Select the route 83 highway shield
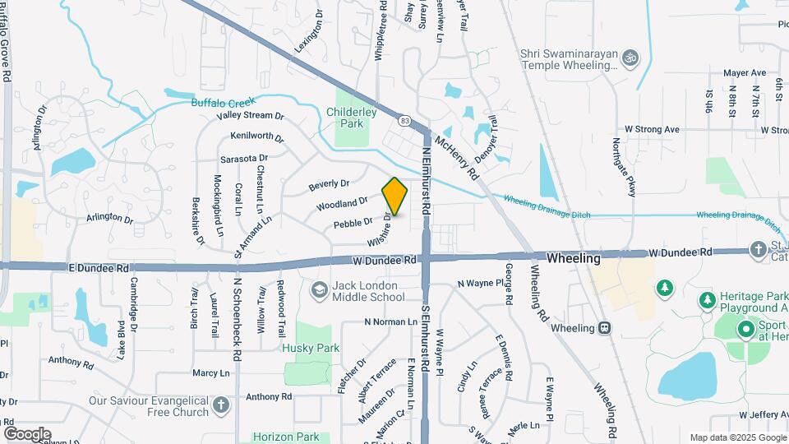[404, 121]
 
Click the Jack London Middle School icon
[319, 289]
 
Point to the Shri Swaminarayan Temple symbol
[631, 58]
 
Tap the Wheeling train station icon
[605, 328]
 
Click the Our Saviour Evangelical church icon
[221, 405]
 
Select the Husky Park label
[311, 348]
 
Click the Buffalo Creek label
[224, 103]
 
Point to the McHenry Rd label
[457, 157]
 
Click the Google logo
[27, 433]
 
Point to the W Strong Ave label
[652, 129]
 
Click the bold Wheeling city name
[573, 258]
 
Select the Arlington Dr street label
[109, 219]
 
